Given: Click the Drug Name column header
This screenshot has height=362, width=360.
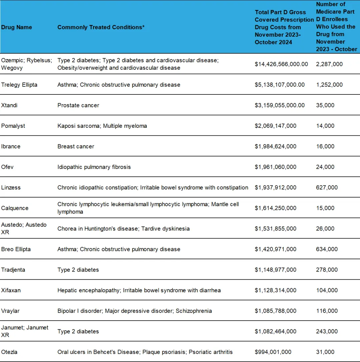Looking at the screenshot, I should pos(17,27).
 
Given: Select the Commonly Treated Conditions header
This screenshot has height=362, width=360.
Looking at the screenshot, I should pos(101,27).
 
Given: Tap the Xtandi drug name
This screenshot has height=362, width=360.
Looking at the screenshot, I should pos(9,105).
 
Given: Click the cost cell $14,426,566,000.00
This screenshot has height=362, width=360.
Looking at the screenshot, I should pos(281,64).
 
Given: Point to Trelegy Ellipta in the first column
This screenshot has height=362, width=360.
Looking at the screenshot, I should pos(19,85).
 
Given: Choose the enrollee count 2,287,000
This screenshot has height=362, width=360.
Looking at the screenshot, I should pos(329,64).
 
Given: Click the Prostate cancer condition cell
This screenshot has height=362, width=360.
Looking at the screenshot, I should pos(78,105).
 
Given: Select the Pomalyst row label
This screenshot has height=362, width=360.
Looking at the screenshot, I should pos(13,126).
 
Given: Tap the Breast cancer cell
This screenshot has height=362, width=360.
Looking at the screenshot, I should pos(76,146).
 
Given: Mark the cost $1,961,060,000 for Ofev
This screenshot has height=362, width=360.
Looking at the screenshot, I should pos(275,167).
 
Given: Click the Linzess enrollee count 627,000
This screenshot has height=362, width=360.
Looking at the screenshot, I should pos(327,188).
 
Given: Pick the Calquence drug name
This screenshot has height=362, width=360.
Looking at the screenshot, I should pos(15,208).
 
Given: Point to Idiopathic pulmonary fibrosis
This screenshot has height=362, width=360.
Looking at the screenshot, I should pos(94,167).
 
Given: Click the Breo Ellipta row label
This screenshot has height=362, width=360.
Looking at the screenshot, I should pos(16,249).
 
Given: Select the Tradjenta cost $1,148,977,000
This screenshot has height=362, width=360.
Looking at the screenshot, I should pos(275,270).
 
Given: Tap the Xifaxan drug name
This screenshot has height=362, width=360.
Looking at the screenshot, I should pos(11,290).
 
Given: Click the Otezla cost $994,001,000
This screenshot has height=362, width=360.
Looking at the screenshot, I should pos(273,352).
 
